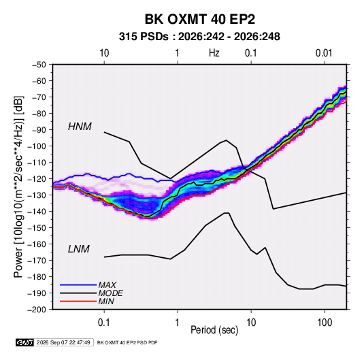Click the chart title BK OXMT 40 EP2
coord(200,19)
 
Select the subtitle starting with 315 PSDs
coord(199,37)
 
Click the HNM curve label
coord(80,127)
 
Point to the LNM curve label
coord(79,249)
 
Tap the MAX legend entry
coord(107,285)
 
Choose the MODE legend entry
coord(110,293)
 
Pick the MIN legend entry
coord(106,301)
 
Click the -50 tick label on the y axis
coord(39,65)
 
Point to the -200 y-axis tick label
coord(37,310)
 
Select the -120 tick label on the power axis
coord(37,179)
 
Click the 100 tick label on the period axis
coord(325,323)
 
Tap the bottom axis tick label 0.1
coord(104,323)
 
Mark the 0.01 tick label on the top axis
coord(324,53)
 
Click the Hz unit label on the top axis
coord(214,53)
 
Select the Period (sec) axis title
coord(214,330)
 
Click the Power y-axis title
coord(18,187)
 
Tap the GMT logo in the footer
coord(25,342)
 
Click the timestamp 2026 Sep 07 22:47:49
coord(63,342)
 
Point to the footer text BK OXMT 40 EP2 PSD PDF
coord(127,342)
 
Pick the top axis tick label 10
coord(104,53)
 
